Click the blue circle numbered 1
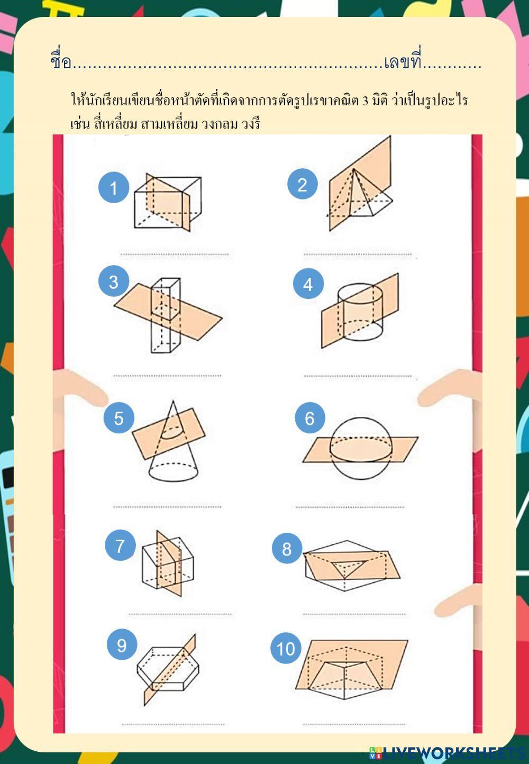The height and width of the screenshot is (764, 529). point(114,188)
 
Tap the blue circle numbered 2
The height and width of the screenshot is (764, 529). point(303,184)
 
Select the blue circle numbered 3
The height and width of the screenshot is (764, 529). point(114,281)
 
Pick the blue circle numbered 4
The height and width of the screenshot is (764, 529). point(308,284)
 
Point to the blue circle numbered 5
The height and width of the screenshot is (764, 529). point(118,418)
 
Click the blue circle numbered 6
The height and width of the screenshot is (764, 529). point(310,418)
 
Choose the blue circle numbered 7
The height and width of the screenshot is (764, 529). point(120,545)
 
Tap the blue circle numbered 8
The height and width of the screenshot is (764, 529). point(287,549)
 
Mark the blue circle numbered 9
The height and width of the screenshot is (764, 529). point(122,644)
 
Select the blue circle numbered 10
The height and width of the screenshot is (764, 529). point(286,648)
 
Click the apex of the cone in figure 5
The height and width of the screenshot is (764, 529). point(173,401)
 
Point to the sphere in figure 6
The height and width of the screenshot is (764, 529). point(360,449)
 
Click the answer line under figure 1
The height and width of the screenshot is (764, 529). point(174,254)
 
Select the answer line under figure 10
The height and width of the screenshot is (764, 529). point(354,724)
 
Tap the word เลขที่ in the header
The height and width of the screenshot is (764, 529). point(403,60)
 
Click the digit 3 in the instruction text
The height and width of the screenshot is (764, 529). point(366,101)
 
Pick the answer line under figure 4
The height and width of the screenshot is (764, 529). point(358,376)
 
